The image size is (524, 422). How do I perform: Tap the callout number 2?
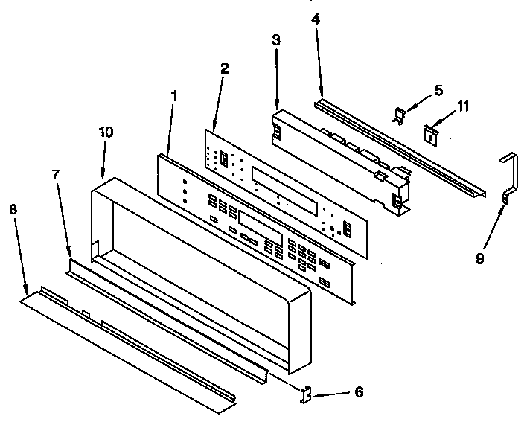click(x=224, y=67)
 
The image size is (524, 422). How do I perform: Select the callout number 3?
click(x=275, y=42)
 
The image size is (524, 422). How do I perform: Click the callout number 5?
click(x=438, y=90)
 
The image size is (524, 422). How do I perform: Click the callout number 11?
click(x=463, y=106)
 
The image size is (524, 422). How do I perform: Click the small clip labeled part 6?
click(x=306, y=393)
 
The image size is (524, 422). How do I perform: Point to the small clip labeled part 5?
click(x=400, y=114)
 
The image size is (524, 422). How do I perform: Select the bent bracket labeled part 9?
click(x=511, y=179)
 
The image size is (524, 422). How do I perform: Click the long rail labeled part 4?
click(x=402, y=148)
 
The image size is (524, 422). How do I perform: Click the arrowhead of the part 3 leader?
click(x=277, y=109)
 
